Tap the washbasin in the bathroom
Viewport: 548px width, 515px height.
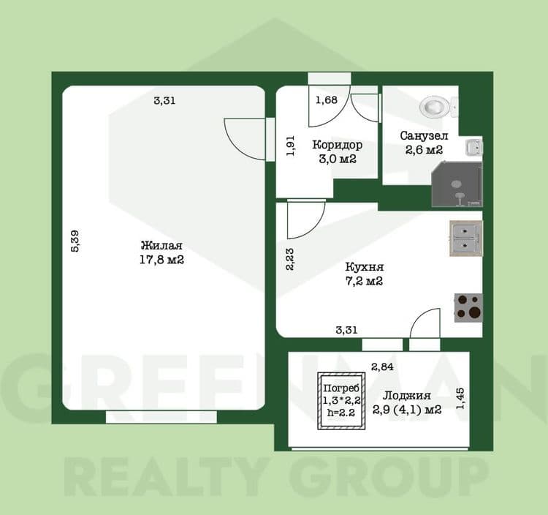[474, 147]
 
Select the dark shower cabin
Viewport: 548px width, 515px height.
[457, 184]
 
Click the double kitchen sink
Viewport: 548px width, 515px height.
[466, 238]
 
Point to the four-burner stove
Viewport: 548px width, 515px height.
[468, 308]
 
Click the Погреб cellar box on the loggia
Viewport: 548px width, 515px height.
[341, 401]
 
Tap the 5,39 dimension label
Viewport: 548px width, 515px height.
[75, 241]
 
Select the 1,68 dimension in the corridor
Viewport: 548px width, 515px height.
[327, 100]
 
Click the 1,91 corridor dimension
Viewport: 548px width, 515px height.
[290, 146]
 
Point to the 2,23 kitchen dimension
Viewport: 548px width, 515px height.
[290, 259]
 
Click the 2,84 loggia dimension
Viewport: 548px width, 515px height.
[382, 366]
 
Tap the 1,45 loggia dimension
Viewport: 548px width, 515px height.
[460, 399]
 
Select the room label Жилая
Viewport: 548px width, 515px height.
[161, 246]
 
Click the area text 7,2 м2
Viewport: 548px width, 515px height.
[364, 281]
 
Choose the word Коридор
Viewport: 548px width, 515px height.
[338, 145]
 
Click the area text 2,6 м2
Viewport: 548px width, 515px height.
[424, 150]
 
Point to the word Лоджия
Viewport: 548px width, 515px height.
[406, 396]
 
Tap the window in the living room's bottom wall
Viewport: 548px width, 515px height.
[161, 417]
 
